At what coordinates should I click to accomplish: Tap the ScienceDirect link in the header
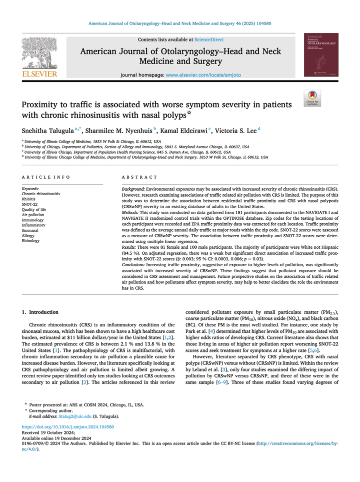pyautogui.click(x=208, y=39)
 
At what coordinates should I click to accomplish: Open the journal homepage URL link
pyautogui.click(x=203, y=75)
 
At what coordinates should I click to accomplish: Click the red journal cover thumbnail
pyautogui.click(x=321, y=55)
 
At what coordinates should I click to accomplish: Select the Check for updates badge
pyautogui.click(x=312, y=98)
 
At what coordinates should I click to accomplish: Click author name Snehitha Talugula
pyautogui.click(x=50, y=131)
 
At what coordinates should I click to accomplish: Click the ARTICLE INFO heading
pyautogui.click(x=46, y=177)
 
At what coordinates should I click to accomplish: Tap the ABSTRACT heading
pyautogui.click(x=139, y=177)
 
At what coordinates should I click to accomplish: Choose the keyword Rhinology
pyautogui.click(x=31, y=241)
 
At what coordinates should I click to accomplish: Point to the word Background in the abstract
pyautogui.click(x=133, y=189)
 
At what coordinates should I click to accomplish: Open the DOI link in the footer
pyautogui.click(x=68, y=427)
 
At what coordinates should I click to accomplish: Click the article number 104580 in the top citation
pyautogui.click(x=261, y=24)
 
